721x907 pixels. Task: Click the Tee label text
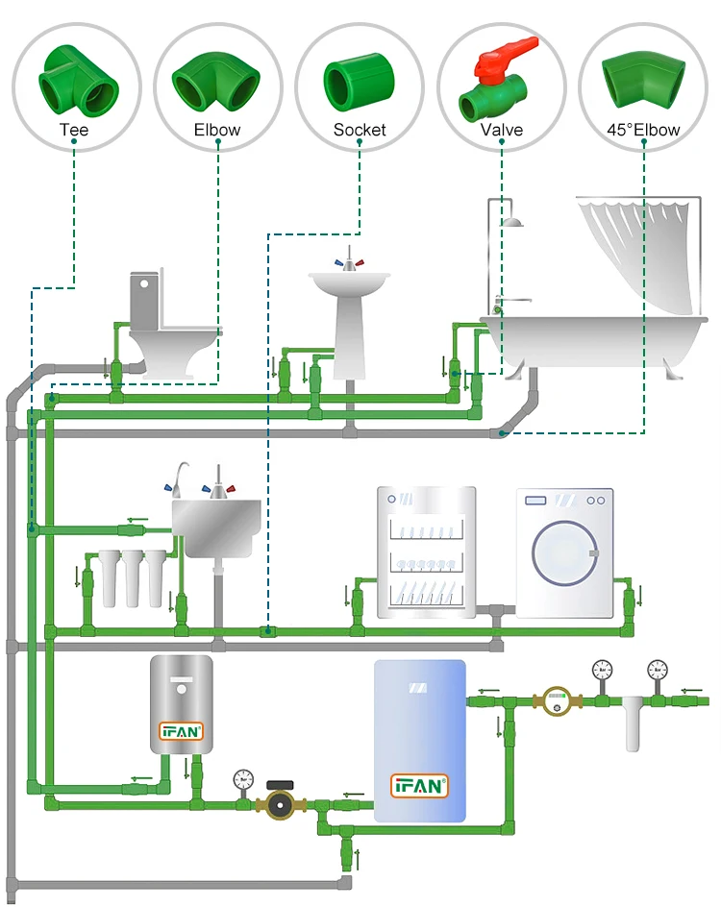[x=74, y=130]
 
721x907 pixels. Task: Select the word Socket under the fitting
[x=360, y=130]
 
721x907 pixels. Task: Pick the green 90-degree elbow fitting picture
[x=216, y=82]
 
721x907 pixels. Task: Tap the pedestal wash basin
[x=350, y=307]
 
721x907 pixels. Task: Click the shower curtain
[x=638, y=255]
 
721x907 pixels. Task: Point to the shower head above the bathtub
[x=512, y=223]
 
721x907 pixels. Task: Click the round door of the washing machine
[x=565, y=554]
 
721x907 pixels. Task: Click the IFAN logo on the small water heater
[x=181, y=731]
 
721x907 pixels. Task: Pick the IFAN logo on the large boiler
[x=419, y=785]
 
